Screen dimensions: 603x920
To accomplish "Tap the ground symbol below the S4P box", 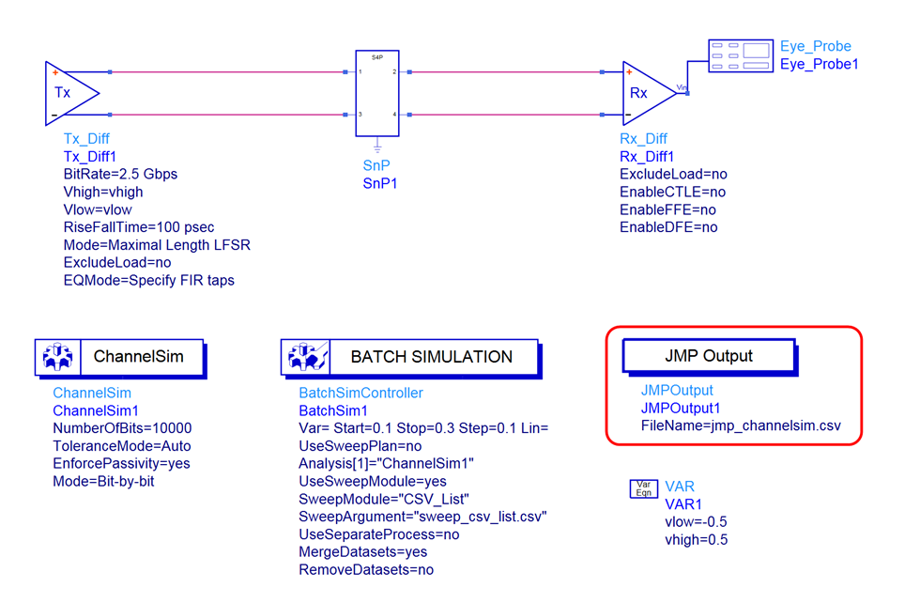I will click(x=377, y=147).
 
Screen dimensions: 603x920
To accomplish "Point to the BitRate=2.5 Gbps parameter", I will click(x=120, y=174).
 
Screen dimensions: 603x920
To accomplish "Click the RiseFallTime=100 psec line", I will click(x=138, y=227).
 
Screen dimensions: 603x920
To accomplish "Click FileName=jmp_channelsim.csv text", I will click(x=740, y=425).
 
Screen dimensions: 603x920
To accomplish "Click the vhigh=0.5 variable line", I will click(x=696, y=539).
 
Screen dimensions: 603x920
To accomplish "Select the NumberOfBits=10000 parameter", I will click(x=122, y=428).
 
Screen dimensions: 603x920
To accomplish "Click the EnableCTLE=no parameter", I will click(x=672, y=192).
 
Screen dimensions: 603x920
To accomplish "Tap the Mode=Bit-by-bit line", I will click(x=103, y=481).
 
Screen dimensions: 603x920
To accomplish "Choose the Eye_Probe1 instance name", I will click(x=819, y=64).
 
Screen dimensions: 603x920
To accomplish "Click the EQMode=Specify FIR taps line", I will click(x=148, y=280).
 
